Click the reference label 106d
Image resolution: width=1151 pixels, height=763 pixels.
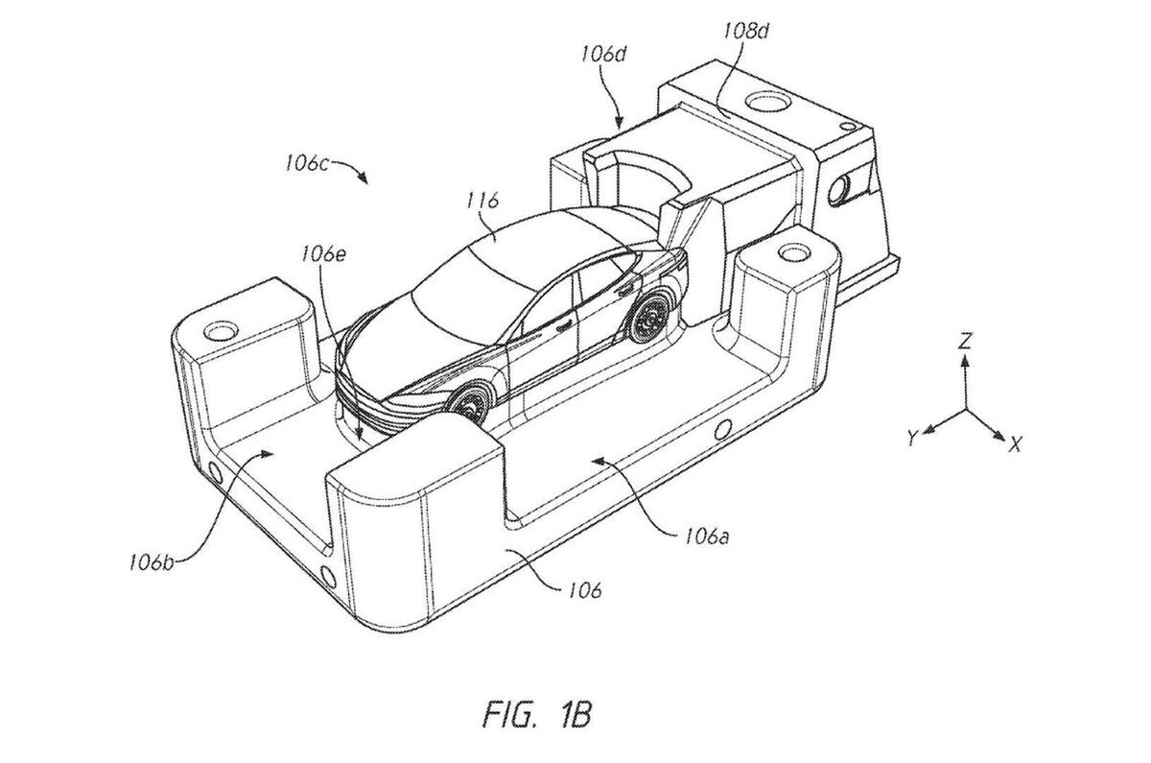[x=603, y=54]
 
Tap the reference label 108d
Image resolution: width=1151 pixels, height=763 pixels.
[x=746, y=32]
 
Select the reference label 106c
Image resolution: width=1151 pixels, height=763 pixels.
[x=307, y=163]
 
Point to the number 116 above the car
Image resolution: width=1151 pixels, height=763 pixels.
[x=482, y=201]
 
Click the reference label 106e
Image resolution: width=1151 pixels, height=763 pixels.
[x=324, y=254]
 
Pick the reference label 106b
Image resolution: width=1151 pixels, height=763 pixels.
[x=152, y=563]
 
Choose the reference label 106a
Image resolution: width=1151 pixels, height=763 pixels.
[x=708, y=536]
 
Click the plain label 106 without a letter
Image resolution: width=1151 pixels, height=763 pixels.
[x=585, y=591]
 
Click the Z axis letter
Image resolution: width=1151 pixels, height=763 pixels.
[x=966, y=341]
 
